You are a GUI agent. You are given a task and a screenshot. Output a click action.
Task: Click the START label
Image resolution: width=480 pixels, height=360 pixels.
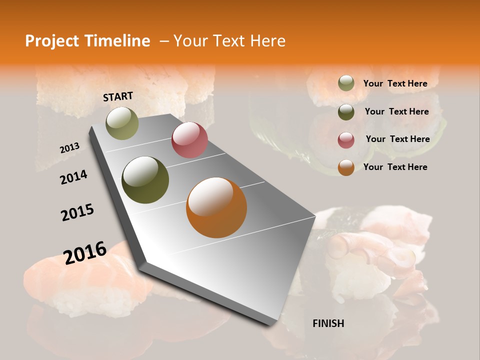[x=118, y=96]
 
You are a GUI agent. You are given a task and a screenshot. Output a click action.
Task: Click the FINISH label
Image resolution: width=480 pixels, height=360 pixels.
[x=328, y=323]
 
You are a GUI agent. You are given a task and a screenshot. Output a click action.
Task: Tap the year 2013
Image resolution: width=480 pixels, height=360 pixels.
[x=70, y=148]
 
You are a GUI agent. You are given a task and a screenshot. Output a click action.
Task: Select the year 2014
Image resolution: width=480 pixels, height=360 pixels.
[x=73, y=177]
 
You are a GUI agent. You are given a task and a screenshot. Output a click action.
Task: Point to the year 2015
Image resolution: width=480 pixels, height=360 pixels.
[x=77, y=212]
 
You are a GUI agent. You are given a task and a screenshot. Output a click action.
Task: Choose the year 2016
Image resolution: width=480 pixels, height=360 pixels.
[x=85, y=252]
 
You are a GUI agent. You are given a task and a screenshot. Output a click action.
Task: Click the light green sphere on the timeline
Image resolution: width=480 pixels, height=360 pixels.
[x=122, y=123]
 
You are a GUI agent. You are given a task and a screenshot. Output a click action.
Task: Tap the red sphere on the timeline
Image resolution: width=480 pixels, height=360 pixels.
[x=189, y=140]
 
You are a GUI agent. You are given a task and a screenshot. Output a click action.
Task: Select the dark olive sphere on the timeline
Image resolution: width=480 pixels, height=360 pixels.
[x=145, y=180]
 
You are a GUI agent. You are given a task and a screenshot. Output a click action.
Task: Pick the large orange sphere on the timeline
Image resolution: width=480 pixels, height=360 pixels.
[x=216, y=207]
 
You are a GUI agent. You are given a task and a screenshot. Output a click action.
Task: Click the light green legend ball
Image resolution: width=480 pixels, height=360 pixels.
[x=346, y=83]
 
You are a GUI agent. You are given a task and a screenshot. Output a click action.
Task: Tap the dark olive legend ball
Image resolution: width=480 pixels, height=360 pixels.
[x=346, y=112]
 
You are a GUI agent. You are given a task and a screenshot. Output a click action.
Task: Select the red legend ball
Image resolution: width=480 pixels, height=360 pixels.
[x=346, y=139]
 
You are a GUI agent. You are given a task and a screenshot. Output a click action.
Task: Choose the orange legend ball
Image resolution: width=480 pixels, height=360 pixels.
[x=346, y=167]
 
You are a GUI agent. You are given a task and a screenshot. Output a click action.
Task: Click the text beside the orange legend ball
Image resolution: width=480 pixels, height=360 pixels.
[x=395, y=167]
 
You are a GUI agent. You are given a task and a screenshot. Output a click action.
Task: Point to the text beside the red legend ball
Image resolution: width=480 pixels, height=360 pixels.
[x=397, y=139]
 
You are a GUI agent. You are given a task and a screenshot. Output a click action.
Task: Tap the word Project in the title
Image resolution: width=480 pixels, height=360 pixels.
[x=50, y=41]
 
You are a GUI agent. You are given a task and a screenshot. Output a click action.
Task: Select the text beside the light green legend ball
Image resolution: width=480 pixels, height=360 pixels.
[x=395, y=83]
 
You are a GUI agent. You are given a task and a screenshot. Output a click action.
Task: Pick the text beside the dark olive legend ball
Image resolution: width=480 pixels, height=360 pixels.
[x=396, y=111]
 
